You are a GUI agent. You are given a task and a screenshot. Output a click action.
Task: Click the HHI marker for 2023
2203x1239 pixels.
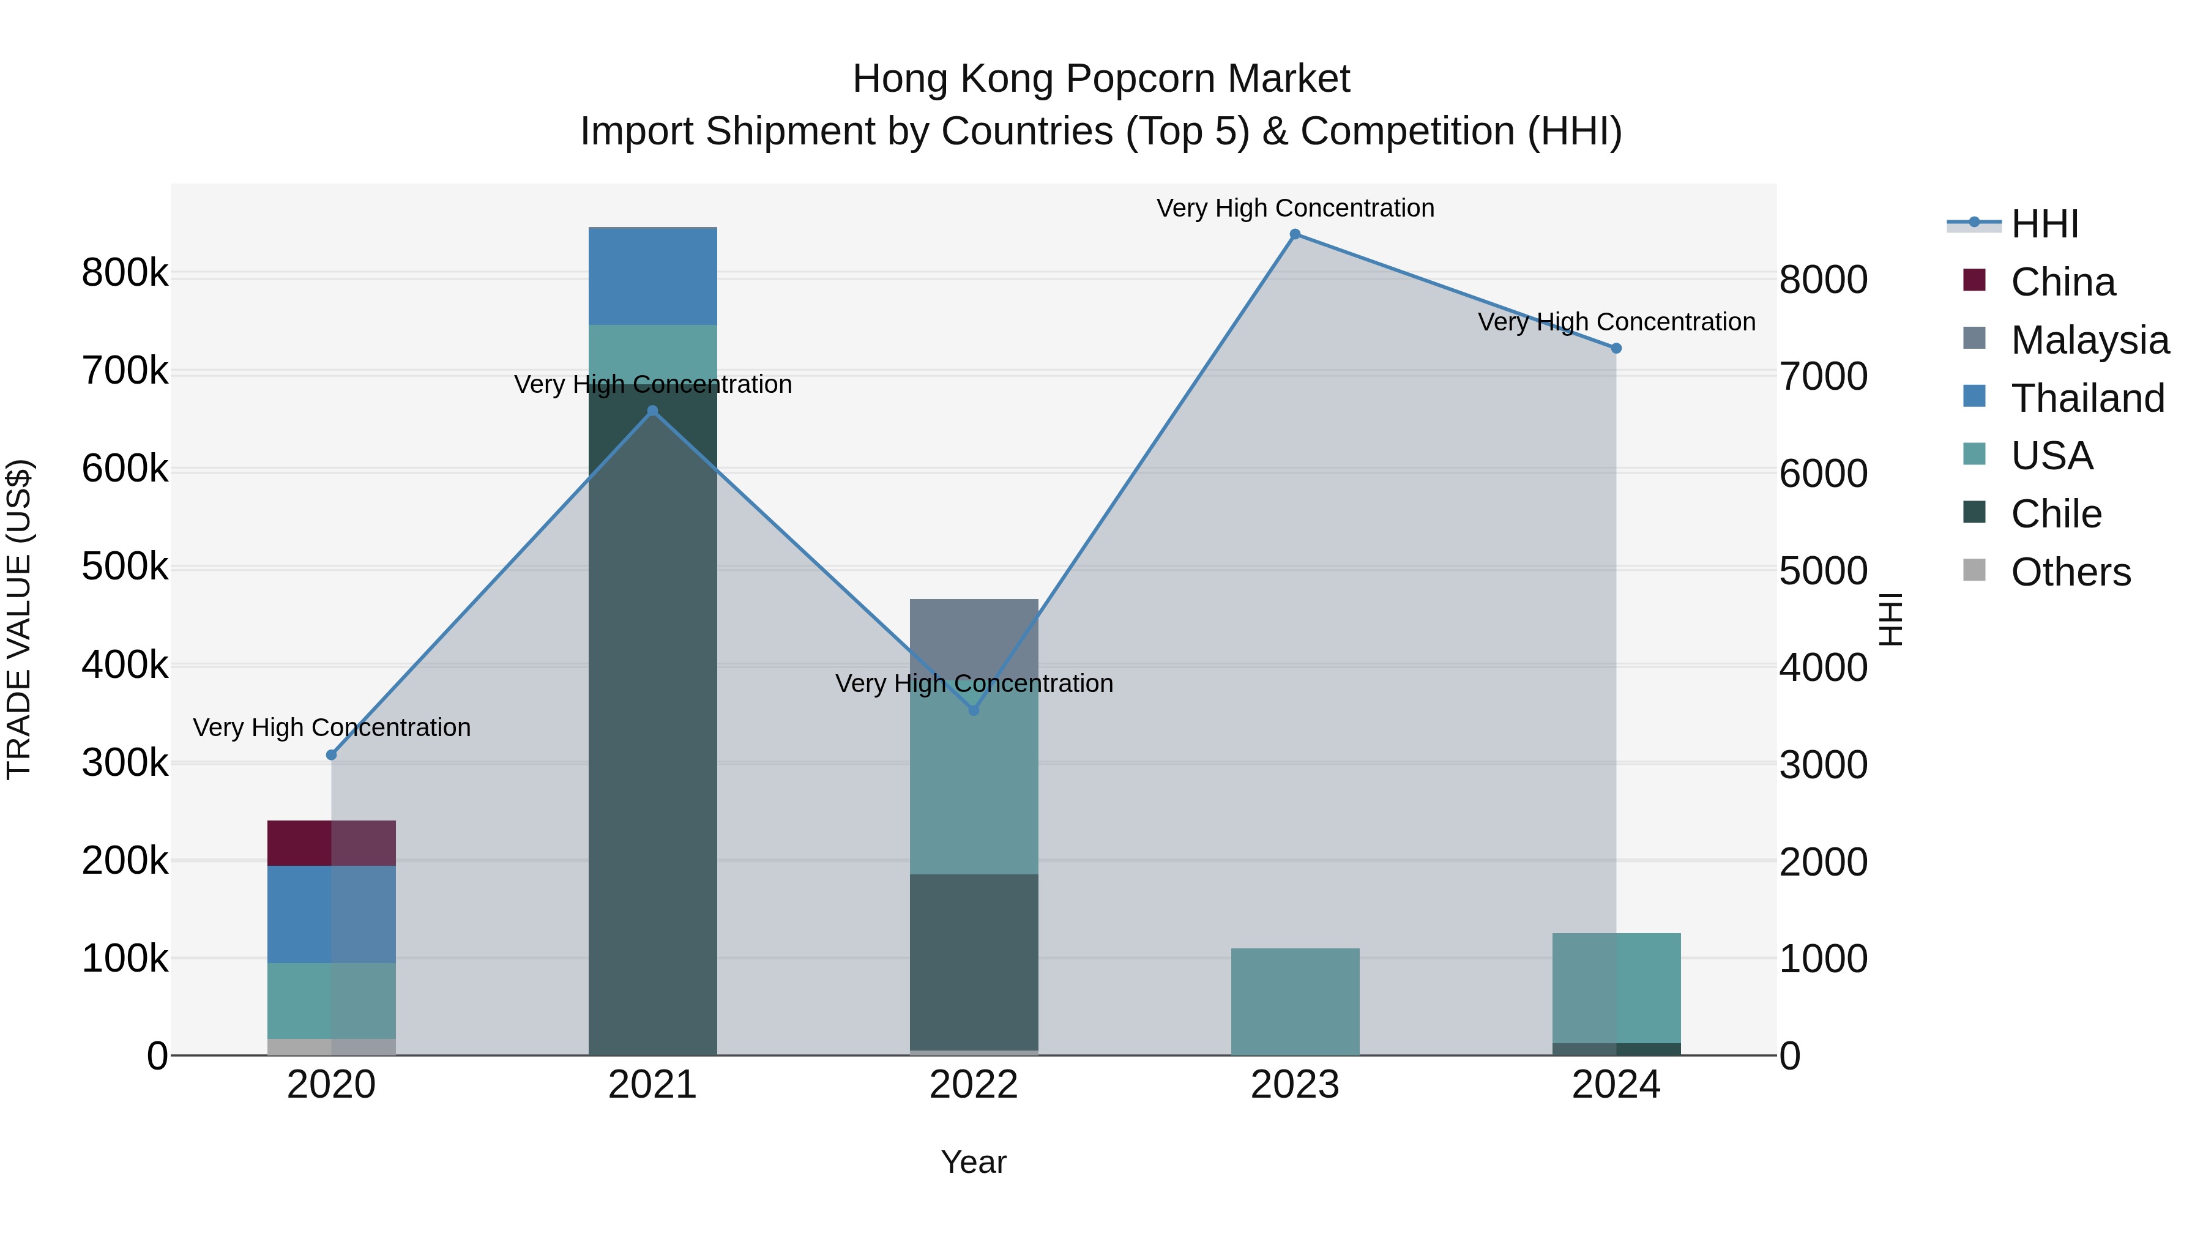1295,234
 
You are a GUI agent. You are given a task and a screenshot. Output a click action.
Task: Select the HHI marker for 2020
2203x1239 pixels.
332,755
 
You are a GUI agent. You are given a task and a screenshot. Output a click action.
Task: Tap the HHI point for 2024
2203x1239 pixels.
1616,349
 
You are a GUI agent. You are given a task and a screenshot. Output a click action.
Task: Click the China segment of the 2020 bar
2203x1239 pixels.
332,843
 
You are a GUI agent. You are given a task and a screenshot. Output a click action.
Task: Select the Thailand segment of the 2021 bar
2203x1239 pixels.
652,276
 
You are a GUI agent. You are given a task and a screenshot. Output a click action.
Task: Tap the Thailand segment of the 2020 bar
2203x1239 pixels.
332,914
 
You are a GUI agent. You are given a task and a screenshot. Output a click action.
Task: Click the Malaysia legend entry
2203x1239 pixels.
2089,340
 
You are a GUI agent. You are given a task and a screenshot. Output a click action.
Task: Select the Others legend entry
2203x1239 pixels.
2070,572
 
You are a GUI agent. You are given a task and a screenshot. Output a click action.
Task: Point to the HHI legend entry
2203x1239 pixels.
2044,224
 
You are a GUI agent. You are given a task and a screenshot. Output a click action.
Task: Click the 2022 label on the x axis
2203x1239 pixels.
974,1085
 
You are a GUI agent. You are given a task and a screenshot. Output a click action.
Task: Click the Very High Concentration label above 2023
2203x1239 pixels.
1295,208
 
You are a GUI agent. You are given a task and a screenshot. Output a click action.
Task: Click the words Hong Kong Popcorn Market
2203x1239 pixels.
1101,79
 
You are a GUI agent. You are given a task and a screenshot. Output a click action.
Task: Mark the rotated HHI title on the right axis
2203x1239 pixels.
1891,619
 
